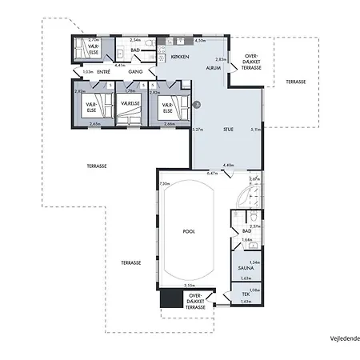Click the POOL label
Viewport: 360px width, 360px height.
(x=189, y=231)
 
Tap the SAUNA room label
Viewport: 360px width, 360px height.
(x=246, y=269)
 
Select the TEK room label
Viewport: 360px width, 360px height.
(x=246, y=294)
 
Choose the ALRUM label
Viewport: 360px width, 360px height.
(x=214, y=69)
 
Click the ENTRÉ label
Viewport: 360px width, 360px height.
(x=103, y=72)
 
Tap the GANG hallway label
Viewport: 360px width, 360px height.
(x=135, y=72)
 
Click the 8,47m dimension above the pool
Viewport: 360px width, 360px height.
(x=212, y=173)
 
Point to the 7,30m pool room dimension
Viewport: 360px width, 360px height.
(x=165, y=185)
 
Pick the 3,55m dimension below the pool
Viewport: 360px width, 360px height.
(x=189, y=284)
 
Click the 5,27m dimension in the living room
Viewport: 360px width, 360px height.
(x=197, y=130)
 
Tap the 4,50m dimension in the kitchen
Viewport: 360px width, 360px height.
(x=201, y=40)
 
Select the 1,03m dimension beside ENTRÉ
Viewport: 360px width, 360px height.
(x=87, y=72)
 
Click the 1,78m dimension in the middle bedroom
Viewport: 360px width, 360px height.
(x=130, y=91)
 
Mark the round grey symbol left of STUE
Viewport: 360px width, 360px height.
(x=197, y=105)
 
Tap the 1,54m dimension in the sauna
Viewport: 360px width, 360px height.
(x=255, y=262)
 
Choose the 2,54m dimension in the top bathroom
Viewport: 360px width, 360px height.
(x=135, y=39)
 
